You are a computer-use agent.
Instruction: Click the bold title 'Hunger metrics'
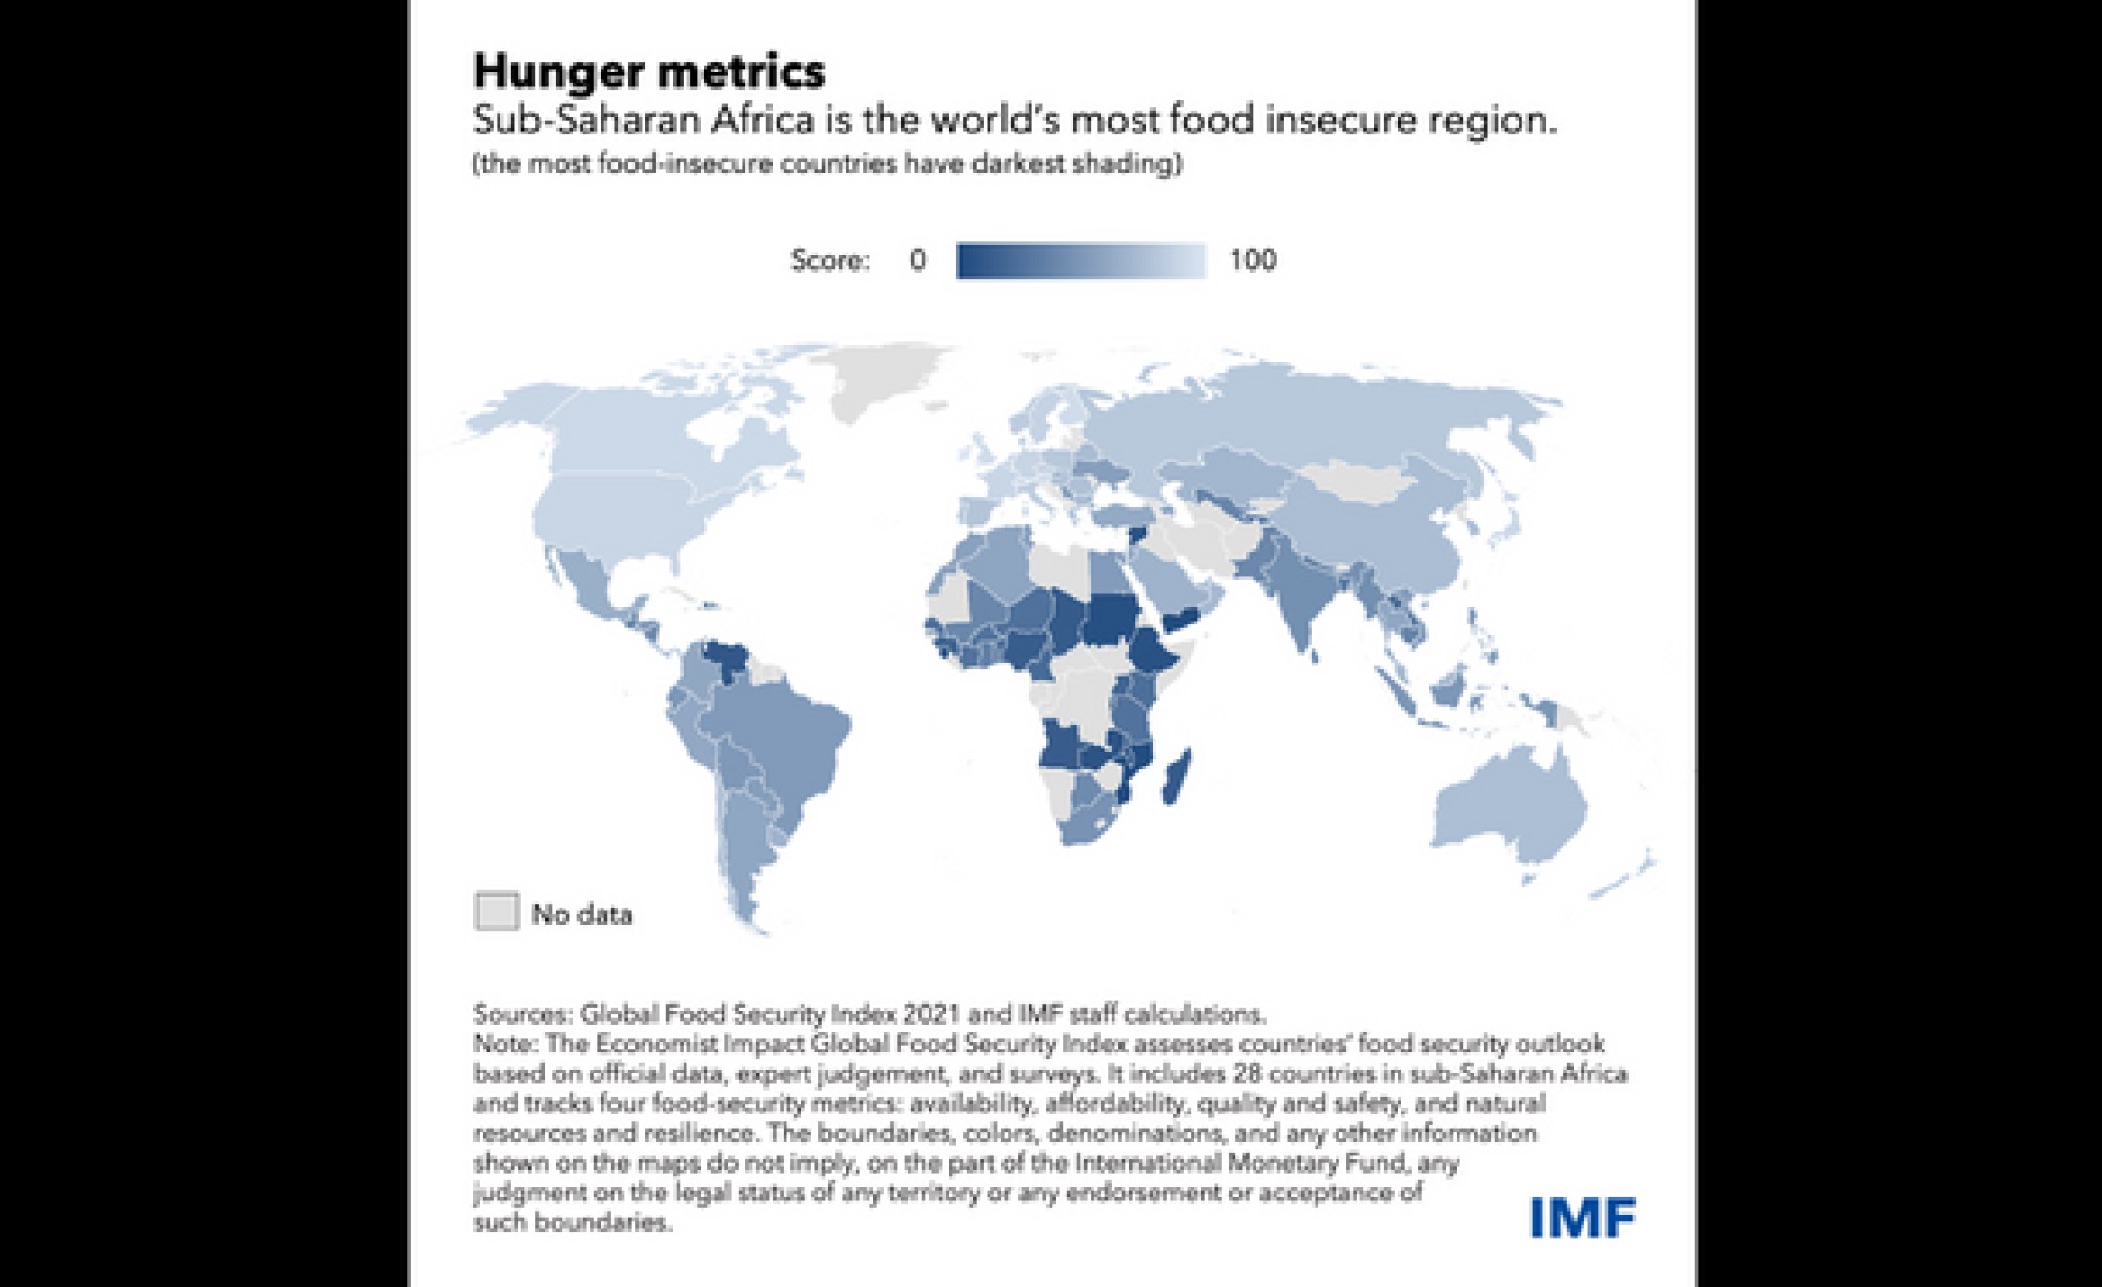[x=648, y=71]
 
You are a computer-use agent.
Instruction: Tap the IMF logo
[x=1582, y=1218]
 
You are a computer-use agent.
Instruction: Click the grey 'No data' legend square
[x=497, y=911]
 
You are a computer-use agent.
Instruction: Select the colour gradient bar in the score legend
[x=1081, y=260]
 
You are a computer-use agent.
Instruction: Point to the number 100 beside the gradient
[x=1252, y=259]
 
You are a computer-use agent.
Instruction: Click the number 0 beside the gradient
[x=917, y=259]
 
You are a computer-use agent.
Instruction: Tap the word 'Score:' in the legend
[x=829, y=260]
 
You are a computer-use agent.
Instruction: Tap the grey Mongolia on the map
[x=1354, y=481]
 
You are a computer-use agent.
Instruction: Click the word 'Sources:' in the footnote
[x=521, y=1012]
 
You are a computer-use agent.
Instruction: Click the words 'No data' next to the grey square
[x=582, y=914]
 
